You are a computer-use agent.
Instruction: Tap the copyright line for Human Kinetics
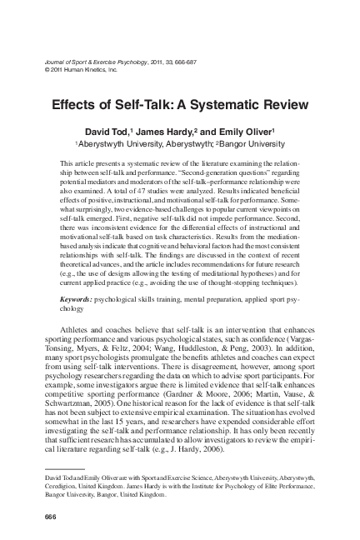(73, 69)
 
